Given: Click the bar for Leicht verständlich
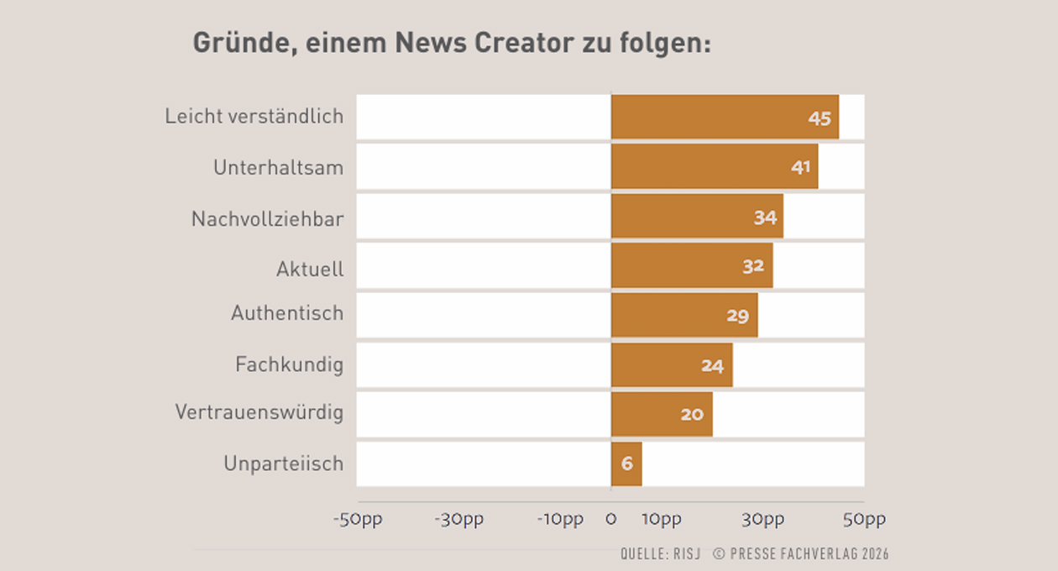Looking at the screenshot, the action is (x=725, y=117).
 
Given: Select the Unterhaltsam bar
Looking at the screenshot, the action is (x=715, y=166).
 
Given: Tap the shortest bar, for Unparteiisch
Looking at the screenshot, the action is (x=626, y=464).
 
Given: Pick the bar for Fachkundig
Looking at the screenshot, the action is (x=672, y=365).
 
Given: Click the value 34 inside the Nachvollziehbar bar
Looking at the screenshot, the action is (x=765, y=217).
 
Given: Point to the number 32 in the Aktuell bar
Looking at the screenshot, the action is (x=753, y=266).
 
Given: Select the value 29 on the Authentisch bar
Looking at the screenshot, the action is (x=738, y=316).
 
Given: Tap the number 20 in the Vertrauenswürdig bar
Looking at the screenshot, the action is (x=692, y=415).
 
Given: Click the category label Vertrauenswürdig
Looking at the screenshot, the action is (x=259, y=411).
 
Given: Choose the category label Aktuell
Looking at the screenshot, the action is (x=310, y=270).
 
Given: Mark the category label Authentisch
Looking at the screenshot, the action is (x=287, y=313).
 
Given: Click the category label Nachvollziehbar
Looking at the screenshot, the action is (x=267, y=219).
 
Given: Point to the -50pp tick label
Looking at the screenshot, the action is (x=358, y=520).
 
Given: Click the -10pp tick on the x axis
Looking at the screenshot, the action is (x=560, y=520).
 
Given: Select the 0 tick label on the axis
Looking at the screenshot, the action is (x=611, y=520).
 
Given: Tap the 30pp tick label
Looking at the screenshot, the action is (x=762, y=520).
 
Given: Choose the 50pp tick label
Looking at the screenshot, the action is (x=864, y=520).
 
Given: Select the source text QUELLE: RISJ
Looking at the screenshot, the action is (x=661, y=553).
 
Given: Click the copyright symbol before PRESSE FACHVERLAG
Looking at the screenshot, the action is (x=719, y=553).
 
